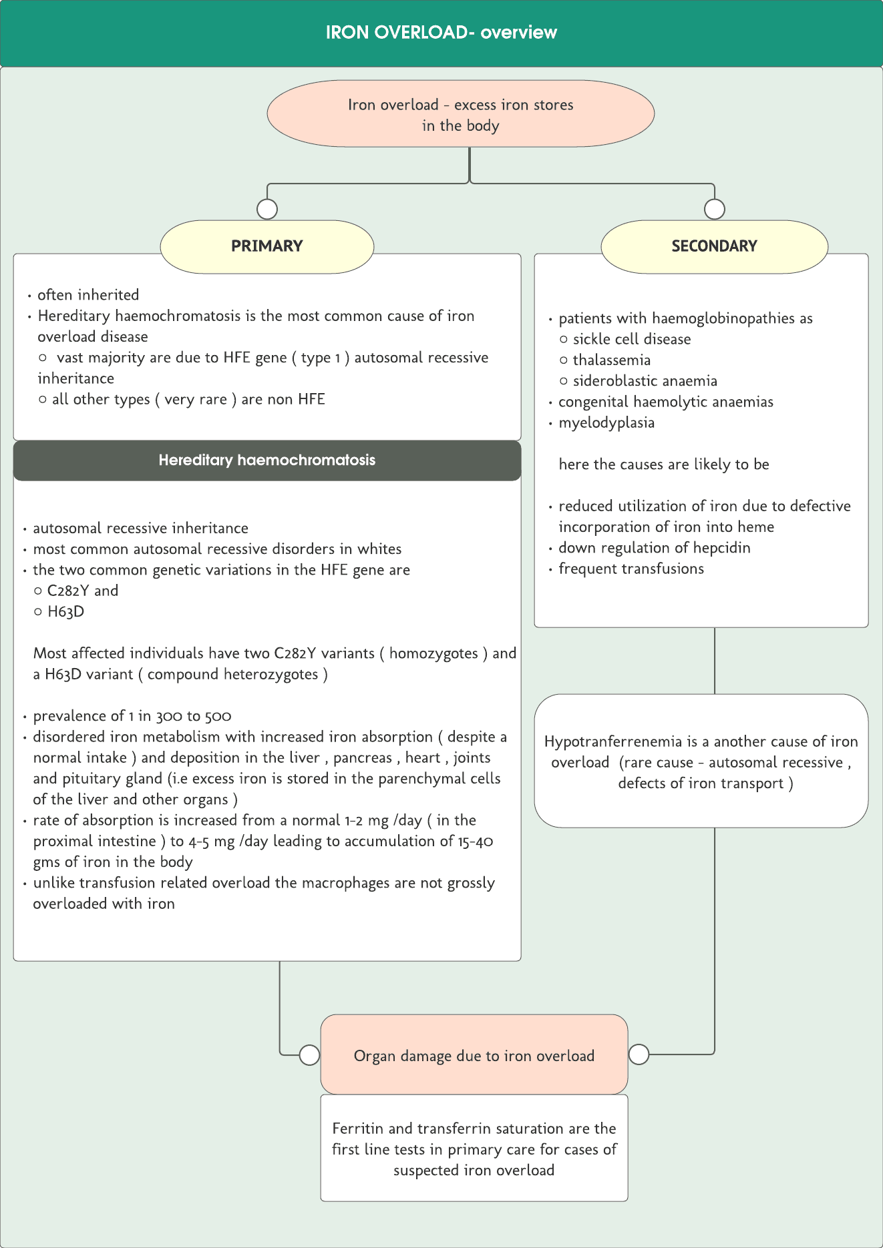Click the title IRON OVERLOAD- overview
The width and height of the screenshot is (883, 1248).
(x=441, y=33)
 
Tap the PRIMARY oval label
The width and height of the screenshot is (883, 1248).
(x=267, y=246)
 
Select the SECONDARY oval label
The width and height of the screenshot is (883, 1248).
(x=714, y=246)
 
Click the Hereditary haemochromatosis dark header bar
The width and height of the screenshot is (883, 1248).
(x=267, y=460)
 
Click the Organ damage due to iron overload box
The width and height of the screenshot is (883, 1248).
(x=474, y=1056)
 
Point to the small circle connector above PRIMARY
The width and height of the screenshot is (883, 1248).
(x=267, y=209)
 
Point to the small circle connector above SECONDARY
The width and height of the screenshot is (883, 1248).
(x=715, y=209)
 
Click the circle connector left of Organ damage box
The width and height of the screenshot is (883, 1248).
(x=309, y=1055)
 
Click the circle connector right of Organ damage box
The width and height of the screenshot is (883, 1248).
(x=639, y=1054)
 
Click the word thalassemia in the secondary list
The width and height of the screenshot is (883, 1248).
(x=611, y=360)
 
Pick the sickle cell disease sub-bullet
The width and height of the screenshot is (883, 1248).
(x=631, y=339)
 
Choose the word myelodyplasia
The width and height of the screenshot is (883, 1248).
(x=606, y=423)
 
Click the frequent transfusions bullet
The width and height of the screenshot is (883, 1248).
(x=631, y=569)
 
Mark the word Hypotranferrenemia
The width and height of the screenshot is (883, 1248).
(x=612, y=742)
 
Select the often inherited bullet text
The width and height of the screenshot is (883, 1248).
(x=88, y=295)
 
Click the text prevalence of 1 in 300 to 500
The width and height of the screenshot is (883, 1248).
(x=132, y=716)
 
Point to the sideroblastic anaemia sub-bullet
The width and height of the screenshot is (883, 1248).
(x=645, y=381)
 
